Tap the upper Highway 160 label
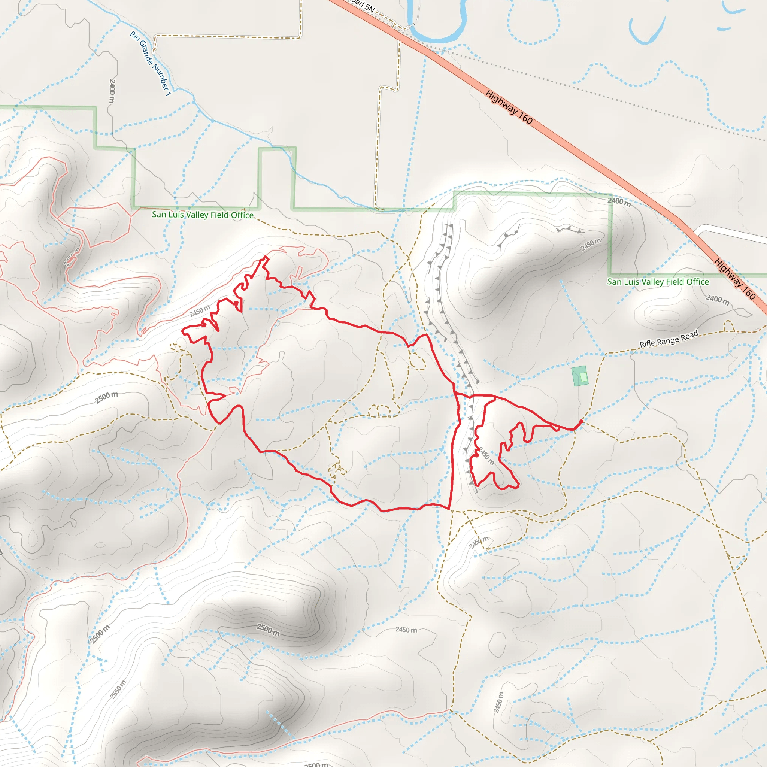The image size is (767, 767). [509, 107]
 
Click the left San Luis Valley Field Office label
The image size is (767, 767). [203, 215]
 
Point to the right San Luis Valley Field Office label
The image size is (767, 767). [658, 282]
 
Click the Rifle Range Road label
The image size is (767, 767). [669, 339]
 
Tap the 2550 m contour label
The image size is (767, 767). [118, 689]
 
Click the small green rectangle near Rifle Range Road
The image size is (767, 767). [580, 376]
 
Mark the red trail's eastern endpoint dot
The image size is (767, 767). [582, 421]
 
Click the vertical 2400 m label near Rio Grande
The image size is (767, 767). [112, 91]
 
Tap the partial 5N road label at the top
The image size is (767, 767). [362, 6]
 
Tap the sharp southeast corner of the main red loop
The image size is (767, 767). [449, 509]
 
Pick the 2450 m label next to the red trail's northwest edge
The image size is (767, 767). [200, 311]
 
